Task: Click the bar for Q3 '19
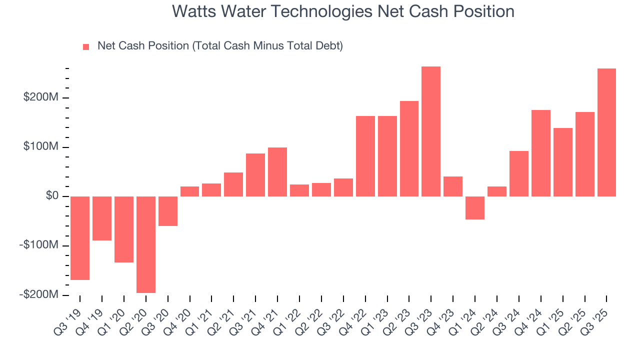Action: pyautogui.click(x=80, y=238)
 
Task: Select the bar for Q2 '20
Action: pyautogui.click(x=146, y=244)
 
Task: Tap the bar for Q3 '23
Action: pyautogui.click(x=431, y=131)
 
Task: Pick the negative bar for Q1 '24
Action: pyautogui.click(x=475, y=208)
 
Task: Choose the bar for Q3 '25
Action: pyautogui.click(x=606, y=132)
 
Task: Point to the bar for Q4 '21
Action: pyautogui.click(x=277, y=172)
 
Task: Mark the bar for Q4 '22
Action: pyautogui.click(x=365, y=156)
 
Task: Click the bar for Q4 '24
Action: pyautogui.click(x=541, y=153)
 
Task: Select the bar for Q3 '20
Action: pyautogui.click(x=168, y=211)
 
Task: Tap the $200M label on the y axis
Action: pyautogui.click(x=41, y=97)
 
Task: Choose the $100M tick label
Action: pyautogui.click(x=41, y=147)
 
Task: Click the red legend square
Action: pyautogui.click(x=86, y=47)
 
